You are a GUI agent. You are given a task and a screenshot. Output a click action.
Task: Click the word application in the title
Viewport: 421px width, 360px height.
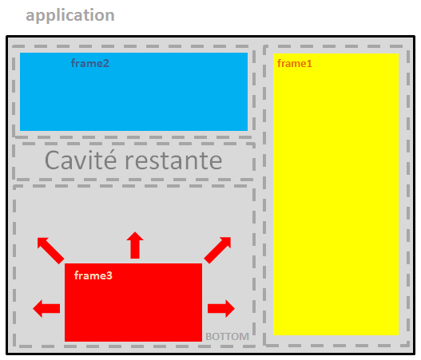(70, 15)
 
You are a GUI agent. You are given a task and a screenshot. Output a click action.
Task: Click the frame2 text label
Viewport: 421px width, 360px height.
(90, 63)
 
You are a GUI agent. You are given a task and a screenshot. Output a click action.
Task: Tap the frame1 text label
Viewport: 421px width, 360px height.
(295, 64)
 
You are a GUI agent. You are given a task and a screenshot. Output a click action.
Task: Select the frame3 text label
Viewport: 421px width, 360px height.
(93, 275)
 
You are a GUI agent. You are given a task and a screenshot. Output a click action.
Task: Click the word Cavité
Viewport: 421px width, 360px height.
(81, 160)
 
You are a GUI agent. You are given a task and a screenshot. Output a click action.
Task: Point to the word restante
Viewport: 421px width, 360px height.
(173, 161)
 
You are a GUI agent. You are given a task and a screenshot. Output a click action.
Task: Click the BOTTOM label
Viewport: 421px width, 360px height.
(227, 336)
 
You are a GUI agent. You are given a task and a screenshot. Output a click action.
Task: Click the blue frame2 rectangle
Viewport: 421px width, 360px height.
(133, 92)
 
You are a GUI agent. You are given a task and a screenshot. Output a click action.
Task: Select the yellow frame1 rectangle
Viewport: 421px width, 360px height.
(336, 194)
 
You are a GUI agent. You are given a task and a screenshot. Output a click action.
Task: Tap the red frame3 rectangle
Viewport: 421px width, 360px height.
(133, 303)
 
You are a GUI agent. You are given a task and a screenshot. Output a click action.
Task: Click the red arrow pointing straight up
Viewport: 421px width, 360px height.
(135, 245)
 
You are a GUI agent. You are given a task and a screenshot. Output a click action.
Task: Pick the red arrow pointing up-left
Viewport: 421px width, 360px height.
(50, 251)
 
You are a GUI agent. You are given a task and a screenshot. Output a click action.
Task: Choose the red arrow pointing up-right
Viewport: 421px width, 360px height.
(217, 250)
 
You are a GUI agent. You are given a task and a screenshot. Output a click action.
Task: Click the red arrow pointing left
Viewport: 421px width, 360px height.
(46, 308)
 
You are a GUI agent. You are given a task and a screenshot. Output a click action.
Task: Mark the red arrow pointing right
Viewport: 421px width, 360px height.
(221, 308)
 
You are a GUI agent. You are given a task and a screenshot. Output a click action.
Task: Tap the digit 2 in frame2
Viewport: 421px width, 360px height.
(106, 64)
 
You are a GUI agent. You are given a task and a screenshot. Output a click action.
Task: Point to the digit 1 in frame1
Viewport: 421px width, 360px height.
(309, 64)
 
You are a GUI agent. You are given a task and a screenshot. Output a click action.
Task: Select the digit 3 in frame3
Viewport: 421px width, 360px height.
(109, 276)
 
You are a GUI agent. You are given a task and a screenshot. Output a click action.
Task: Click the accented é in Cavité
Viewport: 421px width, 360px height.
(110, 160)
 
